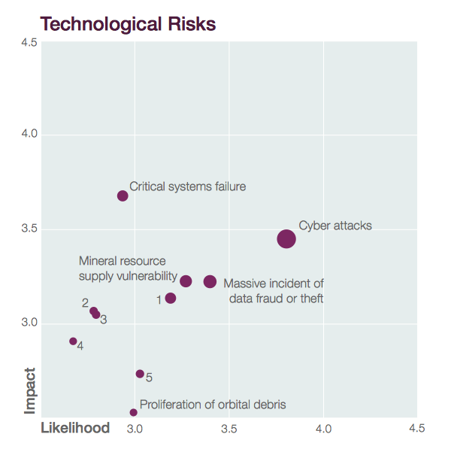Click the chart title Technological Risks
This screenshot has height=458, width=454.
[128, 24]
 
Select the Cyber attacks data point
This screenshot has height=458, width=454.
[286, 238]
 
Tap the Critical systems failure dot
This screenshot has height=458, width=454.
[123, 196]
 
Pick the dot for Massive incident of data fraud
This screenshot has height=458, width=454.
[210, 281]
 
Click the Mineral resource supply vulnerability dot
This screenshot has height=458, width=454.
[186, 281]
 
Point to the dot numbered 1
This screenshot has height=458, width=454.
[171, 298]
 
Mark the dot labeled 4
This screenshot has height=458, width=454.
[73, 341]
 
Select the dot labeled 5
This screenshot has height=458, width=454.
[140, 374]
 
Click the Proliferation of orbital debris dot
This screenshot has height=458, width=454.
[133, 412]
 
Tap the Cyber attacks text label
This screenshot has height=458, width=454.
[334, 225]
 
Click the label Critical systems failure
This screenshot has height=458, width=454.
[187, 186]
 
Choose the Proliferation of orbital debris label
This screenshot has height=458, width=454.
[213, 405]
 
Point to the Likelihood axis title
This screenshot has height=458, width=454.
[74, 428]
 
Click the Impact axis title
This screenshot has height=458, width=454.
[30, 390]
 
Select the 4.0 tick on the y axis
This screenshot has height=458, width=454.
[29, 135]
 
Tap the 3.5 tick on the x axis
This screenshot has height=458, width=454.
[229, 429]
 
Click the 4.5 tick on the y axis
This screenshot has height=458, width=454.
[29, 42]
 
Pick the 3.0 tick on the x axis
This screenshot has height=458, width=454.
[135, 429]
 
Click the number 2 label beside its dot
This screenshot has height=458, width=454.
[85, 303]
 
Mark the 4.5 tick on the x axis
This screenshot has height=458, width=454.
[417, 429]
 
